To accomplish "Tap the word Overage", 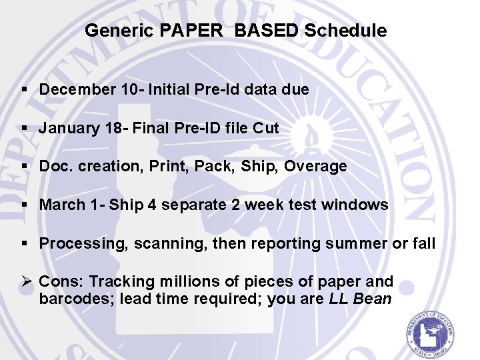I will coord(315,167).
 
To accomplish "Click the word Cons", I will coord(61,282).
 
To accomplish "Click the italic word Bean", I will coord(373,299).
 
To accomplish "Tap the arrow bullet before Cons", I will coord(26,282).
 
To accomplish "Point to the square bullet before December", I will coord(25,89).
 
